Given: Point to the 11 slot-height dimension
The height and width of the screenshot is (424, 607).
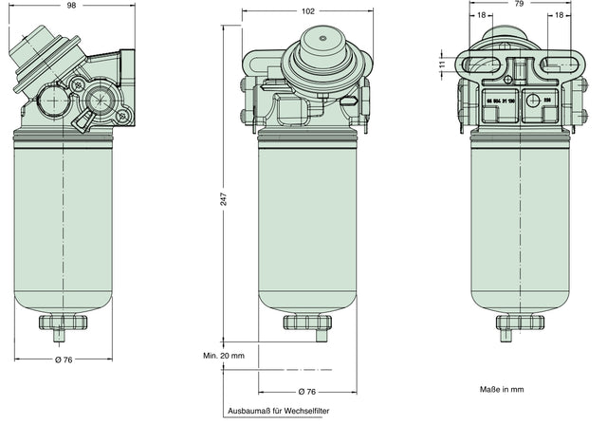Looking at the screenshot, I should (x=443, y=64).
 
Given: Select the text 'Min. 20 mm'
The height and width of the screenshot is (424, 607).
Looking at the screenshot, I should (x=224, y=355).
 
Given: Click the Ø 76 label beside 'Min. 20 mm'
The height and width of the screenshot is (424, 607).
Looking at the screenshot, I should (x=307, y=390).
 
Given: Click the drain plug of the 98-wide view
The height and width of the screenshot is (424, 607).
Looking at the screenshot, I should (x=63, y=325).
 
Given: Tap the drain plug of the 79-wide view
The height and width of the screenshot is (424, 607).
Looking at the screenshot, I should (x=521, y=325).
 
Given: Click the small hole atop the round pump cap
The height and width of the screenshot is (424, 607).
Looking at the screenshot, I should (x=322, y=39).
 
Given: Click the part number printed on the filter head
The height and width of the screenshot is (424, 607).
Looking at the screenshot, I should (x=500, y=101).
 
